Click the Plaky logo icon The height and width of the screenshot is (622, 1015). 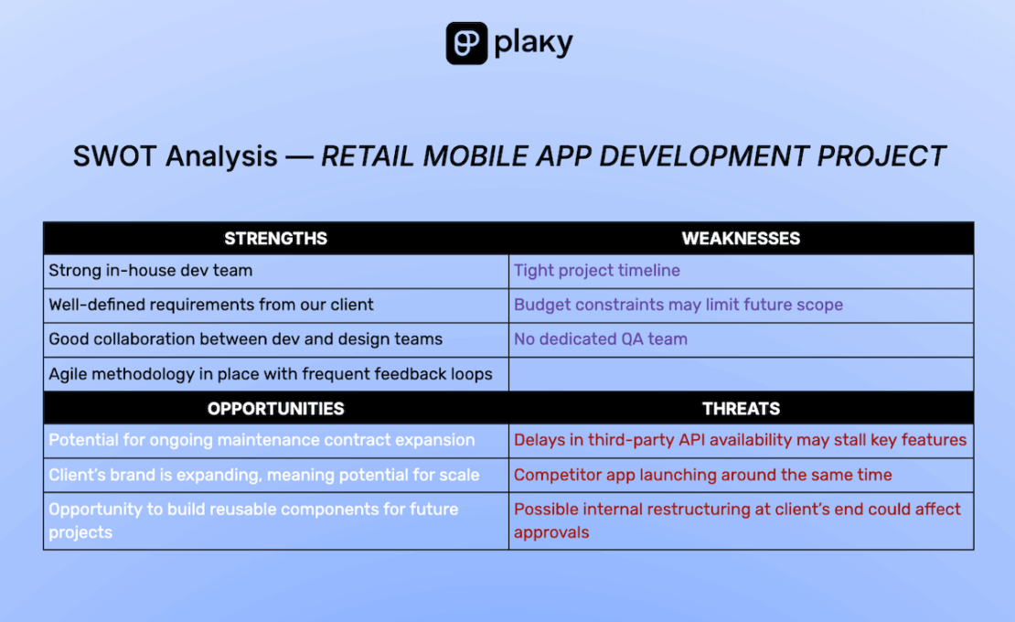466,43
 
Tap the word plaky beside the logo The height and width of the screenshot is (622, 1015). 533,43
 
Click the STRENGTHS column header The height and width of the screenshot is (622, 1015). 276,238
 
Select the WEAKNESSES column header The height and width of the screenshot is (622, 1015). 741,238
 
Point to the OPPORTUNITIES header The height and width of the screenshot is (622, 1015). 276,408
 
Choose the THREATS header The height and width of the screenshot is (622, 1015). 741,408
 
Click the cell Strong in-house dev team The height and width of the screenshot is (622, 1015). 276,271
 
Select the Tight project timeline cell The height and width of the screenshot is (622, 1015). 742,271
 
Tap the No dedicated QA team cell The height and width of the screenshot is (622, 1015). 742,339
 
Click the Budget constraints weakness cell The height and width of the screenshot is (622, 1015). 742,305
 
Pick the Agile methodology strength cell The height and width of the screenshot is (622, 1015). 276,374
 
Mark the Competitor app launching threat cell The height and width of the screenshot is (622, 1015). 742,475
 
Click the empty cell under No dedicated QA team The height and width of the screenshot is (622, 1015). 742,374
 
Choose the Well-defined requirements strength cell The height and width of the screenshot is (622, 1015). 276,305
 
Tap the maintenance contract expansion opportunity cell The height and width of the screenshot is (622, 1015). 276,440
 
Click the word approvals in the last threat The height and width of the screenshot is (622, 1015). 551,532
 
